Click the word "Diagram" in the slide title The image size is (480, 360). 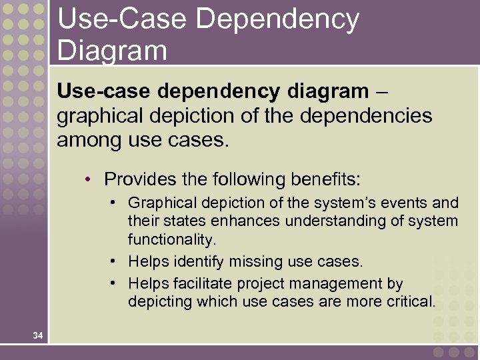tap(112, 50)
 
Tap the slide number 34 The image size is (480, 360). tap(37, 336)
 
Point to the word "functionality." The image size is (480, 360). tap(173, 238)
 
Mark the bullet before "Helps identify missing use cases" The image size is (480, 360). tap(115, 261)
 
